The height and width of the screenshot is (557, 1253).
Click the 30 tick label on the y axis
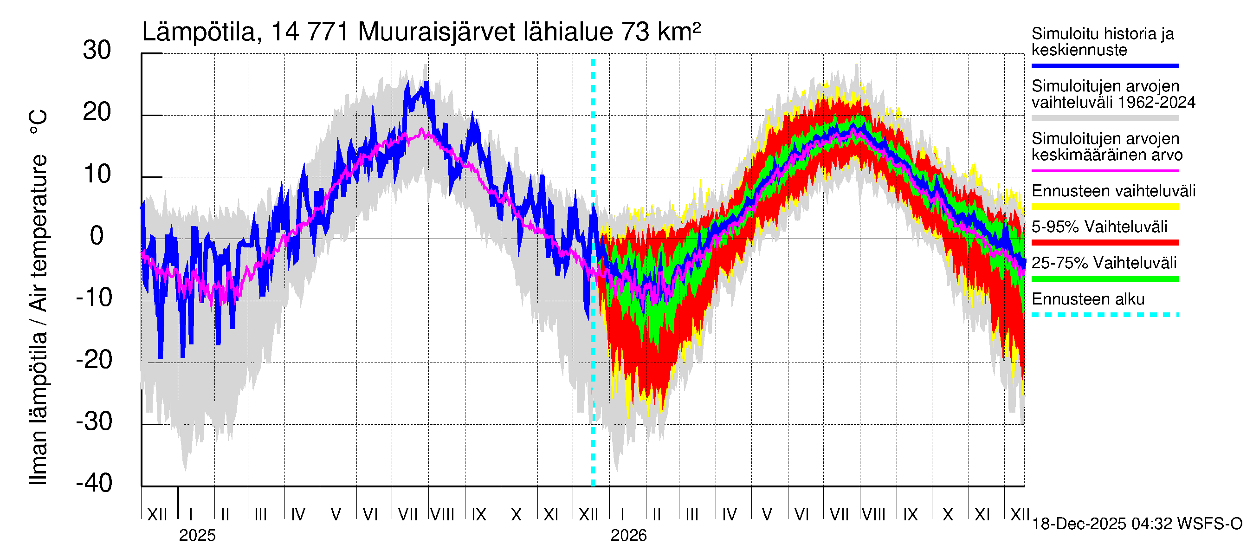pos(97,51)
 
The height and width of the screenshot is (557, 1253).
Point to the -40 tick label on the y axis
pos(94,483)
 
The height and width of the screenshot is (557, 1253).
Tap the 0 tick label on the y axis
pos(97,236)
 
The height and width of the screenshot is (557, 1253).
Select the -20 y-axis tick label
pos(94,360)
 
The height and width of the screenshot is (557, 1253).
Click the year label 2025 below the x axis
pos(197,536)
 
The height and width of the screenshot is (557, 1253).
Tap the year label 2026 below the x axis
pos(628,536)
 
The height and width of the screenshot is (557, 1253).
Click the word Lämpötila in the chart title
pos(199,32)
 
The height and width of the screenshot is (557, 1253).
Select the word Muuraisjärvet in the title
pos(436,32)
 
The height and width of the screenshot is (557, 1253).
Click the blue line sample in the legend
pos(1105,65)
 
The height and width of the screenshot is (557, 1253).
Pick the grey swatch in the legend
pos(1105,118)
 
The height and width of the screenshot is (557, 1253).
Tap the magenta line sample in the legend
pos(1105,171)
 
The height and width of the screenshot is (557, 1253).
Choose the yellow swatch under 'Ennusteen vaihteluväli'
pos(1105,207)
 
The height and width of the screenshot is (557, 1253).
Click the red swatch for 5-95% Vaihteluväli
pos(1105,242)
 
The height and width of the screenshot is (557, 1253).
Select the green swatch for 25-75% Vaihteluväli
pos(1105,279)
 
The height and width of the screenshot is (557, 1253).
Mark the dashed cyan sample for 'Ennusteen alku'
pos(1105,315)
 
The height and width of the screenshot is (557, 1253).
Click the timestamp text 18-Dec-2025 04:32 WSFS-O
pos(1137,524)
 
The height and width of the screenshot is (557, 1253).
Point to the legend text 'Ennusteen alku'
pos(1088,299)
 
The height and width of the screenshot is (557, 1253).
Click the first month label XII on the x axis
pos(157,514)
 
